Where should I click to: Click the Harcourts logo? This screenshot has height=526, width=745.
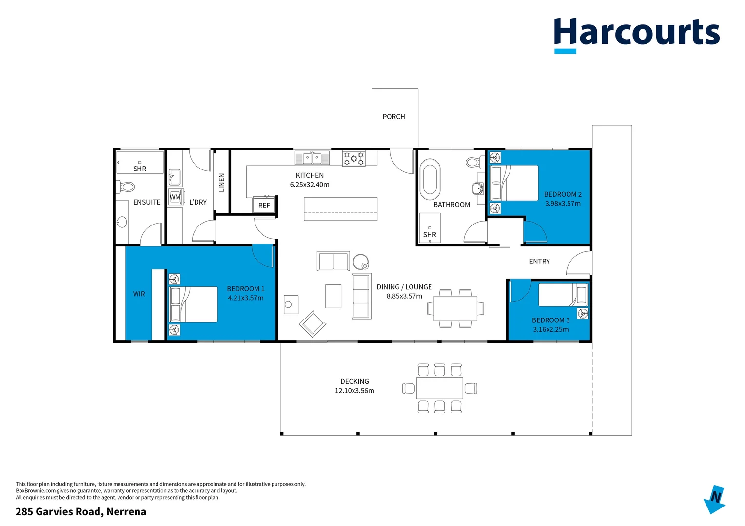636,33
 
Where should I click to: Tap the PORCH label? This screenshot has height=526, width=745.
393,117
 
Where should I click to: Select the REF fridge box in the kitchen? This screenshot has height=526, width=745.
264,205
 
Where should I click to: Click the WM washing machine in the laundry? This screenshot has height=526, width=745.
175,197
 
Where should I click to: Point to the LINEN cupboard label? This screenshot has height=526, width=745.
222,183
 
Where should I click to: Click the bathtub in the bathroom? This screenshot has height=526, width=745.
430,179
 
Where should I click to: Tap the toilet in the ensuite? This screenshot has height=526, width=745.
126,187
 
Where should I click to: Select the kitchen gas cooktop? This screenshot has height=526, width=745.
353,158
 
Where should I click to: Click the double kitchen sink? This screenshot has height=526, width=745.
312,158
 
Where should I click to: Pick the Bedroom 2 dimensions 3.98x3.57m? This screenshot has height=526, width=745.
563,204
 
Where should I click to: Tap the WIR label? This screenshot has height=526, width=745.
139,294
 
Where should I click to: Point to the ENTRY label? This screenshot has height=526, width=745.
539,262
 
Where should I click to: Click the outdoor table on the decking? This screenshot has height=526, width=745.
440,388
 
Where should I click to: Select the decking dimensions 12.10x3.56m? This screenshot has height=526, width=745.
354,391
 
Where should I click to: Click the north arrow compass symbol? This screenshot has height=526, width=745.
715,499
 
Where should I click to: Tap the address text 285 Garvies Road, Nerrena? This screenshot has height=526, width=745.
81,511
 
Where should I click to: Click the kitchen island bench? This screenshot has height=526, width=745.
340,209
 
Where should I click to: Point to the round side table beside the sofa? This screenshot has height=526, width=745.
361,262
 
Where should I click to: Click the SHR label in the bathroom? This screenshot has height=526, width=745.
430,235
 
